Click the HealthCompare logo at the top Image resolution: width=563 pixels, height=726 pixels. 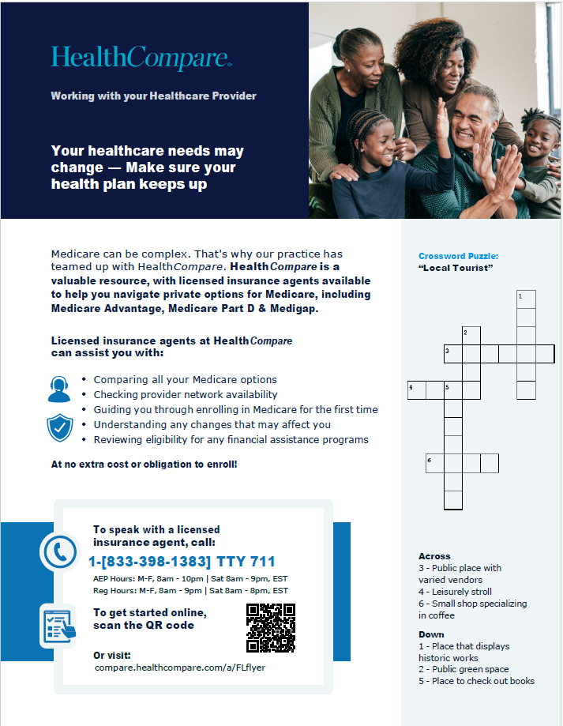coord(141,57)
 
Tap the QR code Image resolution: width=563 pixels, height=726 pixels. coord(271,628)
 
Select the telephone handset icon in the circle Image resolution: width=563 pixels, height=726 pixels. coord(60,552)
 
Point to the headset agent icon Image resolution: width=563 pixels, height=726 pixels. coord(60,388)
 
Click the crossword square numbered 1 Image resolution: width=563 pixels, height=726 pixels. coord(526,299)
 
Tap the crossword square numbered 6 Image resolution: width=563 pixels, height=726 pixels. coord(435,463)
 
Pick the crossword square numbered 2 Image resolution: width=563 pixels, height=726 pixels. coord(471,336)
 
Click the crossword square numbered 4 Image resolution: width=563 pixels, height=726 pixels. coord(417,389)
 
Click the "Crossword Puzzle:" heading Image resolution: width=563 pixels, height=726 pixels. coord(458,256)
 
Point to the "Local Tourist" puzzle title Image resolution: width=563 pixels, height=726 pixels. coord(456,268)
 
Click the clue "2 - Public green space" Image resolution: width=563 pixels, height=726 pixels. coord(464,669)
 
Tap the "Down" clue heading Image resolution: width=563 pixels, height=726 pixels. coord(431,634)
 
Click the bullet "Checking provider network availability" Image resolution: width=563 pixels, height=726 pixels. coord(186,394)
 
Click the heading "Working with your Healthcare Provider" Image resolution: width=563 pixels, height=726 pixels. coord(153,96)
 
